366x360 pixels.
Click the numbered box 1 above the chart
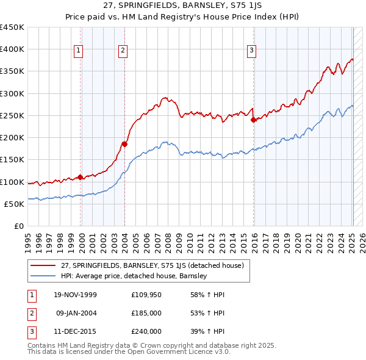point(79,51)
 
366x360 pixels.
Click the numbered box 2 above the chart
point(123,51)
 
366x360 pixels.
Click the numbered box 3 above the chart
point(251,51)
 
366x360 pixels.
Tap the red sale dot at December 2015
point(253,120)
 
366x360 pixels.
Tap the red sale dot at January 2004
point(124,144)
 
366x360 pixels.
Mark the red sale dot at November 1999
point(81,177)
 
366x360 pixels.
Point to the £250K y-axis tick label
point(12,115)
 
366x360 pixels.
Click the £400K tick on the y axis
point(12,49)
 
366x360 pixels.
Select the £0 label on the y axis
point(18,226)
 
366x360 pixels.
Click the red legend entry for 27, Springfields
point(152,265)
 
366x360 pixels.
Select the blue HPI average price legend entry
point(134,276)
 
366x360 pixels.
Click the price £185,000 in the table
point(146,313)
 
